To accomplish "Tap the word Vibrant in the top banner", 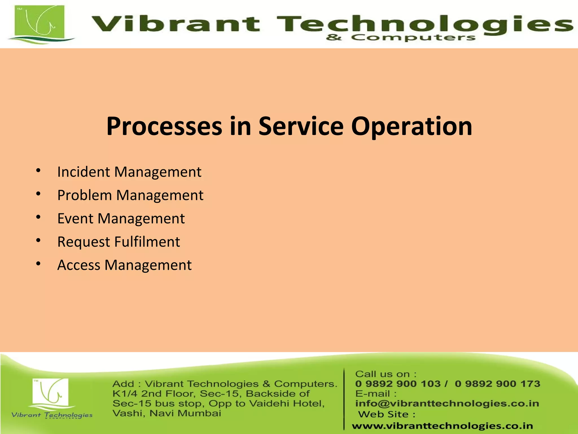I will coord(175,24).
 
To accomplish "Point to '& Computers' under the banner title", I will coord(401,38).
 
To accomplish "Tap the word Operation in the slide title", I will coord(411,127).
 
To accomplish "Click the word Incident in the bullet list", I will coord(84,172).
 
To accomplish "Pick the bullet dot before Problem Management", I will coord(39,194).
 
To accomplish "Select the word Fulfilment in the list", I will coord(147,242).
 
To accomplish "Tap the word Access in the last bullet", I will coord(79,265).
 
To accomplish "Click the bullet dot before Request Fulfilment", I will coord(39,240).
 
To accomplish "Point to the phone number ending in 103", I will coord(398,384).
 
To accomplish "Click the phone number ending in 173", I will coord(497,384).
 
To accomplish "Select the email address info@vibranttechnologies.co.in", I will coord(447,403).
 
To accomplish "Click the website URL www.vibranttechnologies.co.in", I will coord(442,426).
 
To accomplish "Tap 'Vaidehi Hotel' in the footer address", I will coord(287,403).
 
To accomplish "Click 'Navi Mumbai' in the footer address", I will coord(185,413).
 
